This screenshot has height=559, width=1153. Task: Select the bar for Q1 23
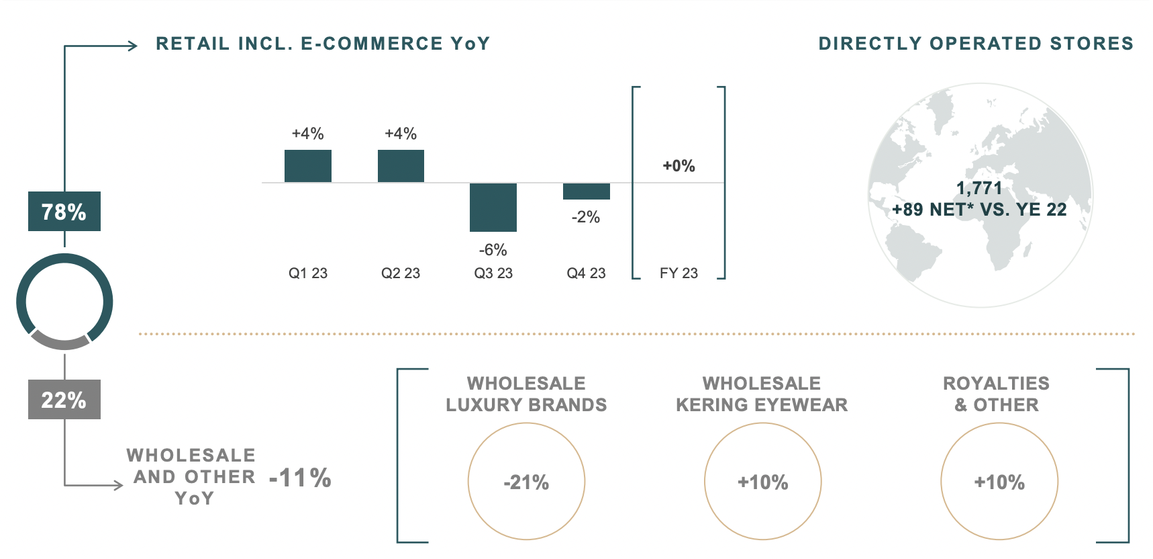point(308,166)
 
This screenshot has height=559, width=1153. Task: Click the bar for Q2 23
point(401,166)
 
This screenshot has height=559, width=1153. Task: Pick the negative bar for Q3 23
point(493,207)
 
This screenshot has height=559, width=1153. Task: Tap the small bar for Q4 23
point(586,191)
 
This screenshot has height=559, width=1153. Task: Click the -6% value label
point(493,250)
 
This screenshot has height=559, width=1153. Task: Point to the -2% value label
point(586,217)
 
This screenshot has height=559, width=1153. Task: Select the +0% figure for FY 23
point(679,166)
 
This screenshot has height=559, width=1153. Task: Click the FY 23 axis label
point(679,273)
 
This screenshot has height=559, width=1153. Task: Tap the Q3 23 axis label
point(493,273)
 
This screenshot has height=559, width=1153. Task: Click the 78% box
point(64,212)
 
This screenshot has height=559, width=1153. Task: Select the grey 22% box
point(64,400)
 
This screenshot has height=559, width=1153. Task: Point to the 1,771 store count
point(979,188)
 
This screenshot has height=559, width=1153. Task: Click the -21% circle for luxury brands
point(526,482)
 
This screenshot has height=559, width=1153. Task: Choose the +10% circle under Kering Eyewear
point(763,482)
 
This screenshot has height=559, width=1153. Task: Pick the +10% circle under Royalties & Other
point(999,482)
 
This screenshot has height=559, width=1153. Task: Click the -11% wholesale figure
point(300,478)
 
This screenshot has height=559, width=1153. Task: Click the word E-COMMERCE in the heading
point(372,44)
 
